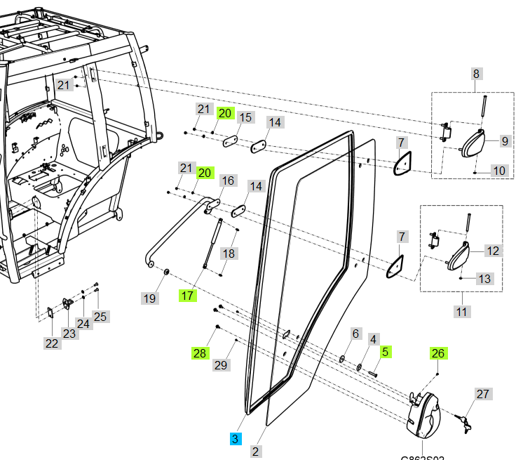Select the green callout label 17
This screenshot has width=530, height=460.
(x=187, y=296)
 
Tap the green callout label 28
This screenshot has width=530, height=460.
(x=200, y=353)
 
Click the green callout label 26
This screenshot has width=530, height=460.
(x=438, y=353)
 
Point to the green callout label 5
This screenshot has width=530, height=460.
(x=385, y=351)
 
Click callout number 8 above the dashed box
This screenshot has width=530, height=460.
(x=476, y=74)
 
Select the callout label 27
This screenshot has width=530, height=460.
(x=482, y=394)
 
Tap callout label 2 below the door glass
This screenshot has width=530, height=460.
(x=255, y=452)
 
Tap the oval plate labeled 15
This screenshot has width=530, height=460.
(x=231, y=141)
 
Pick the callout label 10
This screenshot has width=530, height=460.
(x=498, y=171)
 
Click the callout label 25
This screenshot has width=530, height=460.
(x=100, y=316)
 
